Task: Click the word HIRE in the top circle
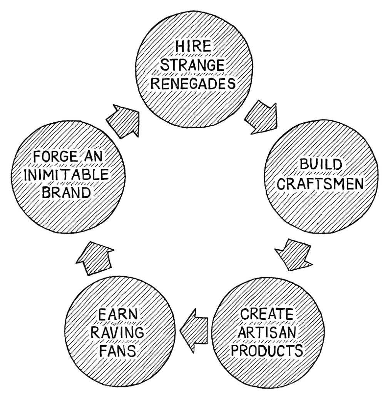193,46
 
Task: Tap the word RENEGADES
193,83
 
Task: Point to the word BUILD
321,164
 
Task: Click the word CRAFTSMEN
320,184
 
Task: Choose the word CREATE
267,314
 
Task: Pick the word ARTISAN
267,332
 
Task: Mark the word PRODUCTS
267,350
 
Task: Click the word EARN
118,314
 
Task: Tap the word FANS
118,351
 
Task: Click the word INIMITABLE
66,175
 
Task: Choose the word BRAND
66,193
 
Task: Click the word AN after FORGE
93,157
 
